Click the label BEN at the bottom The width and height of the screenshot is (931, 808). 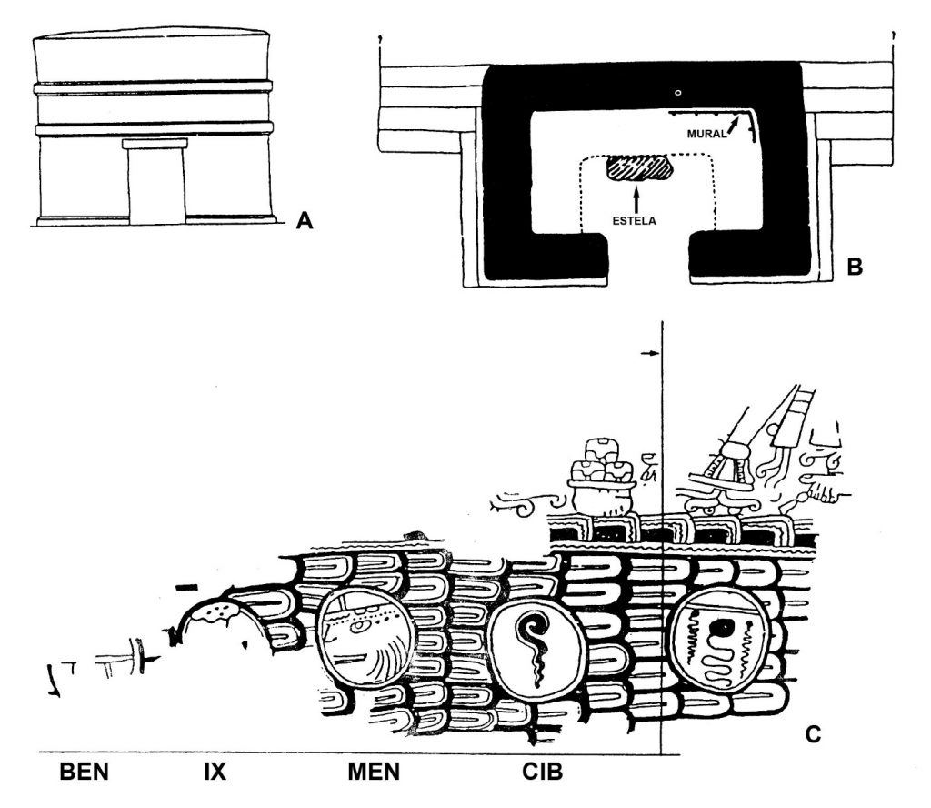coord(84,773)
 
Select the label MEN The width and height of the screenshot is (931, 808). coord(374,773)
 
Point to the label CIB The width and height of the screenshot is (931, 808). coord(543,773)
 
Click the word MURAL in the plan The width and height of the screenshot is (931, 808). coord(706,135)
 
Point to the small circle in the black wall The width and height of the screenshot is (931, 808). coord(676,92)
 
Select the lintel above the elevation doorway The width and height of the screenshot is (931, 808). coord(155,144)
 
